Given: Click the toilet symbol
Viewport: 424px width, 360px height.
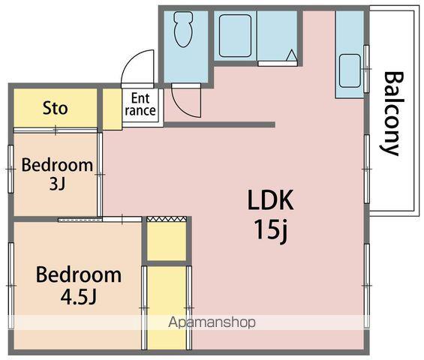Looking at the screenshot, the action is tap(183, 29).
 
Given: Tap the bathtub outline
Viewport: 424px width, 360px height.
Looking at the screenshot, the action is tap(235, 36).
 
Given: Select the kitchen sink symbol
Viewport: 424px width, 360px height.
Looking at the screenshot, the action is tap(350, 70).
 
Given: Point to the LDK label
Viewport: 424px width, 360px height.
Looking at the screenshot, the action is tap(270, 200).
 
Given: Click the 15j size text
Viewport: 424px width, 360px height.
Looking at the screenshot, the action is tap(271, 230).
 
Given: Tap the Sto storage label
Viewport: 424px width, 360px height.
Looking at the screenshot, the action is tap(56, 108).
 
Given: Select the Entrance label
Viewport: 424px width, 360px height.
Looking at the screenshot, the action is tap(140, 104).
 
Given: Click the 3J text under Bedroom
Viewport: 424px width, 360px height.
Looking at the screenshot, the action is tap(57, 184).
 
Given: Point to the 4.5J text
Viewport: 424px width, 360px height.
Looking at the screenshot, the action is tap(78, 297).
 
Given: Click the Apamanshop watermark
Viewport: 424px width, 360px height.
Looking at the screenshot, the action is tap(212, 322).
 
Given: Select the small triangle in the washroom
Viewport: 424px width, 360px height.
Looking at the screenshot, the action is tap(291, 55).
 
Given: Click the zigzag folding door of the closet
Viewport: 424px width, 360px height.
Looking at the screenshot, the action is tap(167, 219).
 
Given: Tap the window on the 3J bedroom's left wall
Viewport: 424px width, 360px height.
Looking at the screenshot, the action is tap(11, 169).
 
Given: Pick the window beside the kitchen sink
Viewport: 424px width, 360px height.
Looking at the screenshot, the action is tap(366, 69).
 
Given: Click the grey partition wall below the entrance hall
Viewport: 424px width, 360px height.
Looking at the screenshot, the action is tap(220, 124).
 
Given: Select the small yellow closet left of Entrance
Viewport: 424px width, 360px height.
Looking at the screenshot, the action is tap(113, 109).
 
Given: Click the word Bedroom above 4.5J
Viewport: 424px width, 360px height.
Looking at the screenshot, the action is tap(79, 274).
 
